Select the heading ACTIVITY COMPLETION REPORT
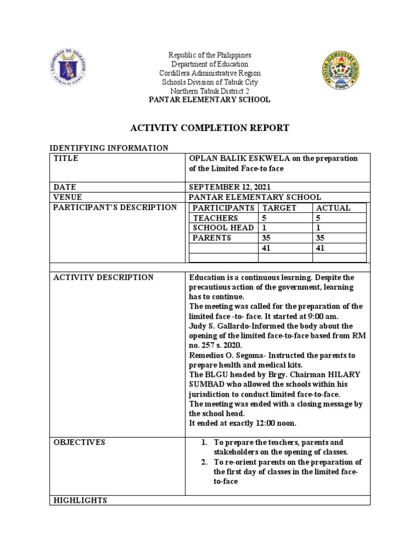[x=209, y=128]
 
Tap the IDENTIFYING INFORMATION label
[x=109, y=148]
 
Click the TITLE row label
[x=66, y=158]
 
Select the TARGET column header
[x=279, y=207]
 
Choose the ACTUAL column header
[x=333, y=207]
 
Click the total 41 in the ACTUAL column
[x=321, y=247]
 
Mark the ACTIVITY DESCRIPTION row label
[x=103, y=277]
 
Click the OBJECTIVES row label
[x=79, y=442]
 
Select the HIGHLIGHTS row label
[x=80, y=500]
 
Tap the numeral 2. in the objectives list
[x=203, y=462]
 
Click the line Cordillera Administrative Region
[x=210, y=73]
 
